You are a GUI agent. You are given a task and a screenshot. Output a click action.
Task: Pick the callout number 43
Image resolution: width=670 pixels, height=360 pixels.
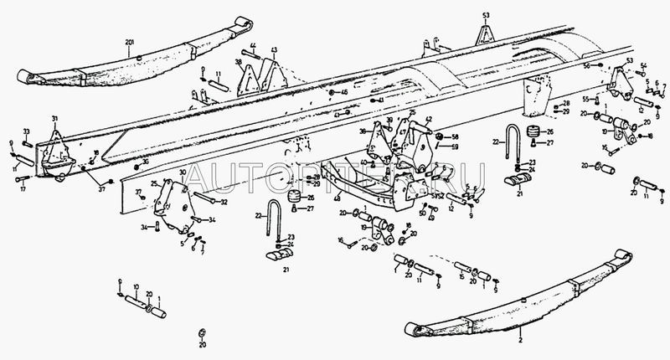click(272, 50)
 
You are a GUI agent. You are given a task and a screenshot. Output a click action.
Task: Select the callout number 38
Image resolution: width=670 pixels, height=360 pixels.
click(239, 63)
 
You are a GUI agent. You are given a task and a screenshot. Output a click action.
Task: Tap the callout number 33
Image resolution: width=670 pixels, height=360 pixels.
click(27, 131)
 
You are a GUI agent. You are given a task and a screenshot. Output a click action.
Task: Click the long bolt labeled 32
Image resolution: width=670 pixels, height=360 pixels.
click(204, 199)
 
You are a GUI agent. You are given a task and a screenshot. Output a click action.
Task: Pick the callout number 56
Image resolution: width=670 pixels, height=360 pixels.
click(585, 64)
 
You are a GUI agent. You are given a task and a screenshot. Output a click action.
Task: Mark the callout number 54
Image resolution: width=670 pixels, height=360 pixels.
click(643, 65)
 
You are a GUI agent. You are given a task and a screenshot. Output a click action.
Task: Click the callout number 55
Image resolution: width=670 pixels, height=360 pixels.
click(586, 99)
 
